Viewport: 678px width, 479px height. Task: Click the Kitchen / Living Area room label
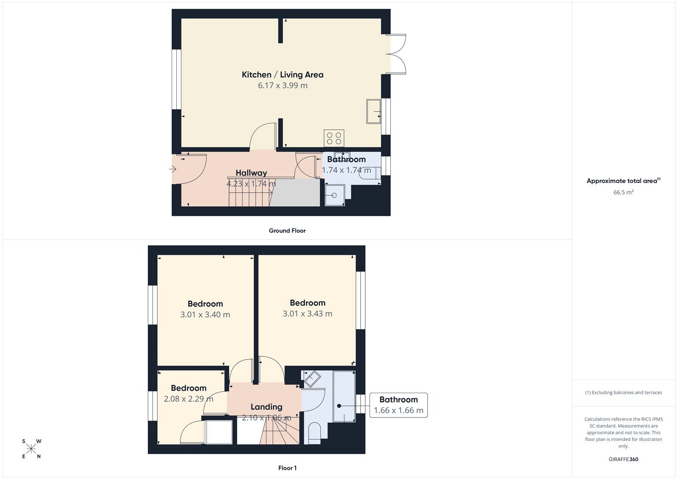click(282, 75)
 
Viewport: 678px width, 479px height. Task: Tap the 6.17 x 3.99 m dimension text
click(283, 86)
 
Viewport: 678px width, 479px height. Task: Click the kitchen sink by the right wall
click(373, 111)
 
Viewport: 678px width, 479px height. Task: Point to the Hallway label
click(251, 173)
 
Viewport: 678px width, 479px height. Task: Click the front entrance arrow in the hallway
click(173, 169)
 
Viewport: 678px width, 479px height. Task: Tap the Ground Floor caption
click(287, 231)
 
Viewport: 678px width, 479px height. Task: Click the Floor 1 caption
click(287, 468)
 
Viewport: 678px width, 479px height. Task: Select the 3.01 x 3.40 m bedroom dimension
click(205, 315)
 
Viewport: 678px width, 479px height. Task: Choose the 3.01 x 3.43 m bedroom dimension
click(307, 314)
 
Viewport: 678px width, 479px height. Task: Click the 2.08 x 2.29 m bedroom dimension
click(189, 399)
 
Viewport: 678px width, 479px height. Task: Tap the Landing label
click(266, 407)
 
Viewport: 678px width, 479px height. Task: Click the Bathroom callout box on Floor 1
click(398, 405)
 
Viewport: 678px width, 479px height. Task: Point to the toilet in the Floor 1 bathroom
click(314, 435)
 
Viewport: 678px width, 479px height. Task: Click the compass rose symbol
click(31, 449)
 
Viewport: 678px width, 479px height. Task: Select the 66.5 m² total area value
click(623, 192)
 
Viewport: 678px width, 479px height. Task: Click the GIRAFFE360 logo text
click(623, 459)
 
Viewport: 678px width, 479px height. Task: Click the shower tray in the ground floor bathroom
click(335, 195)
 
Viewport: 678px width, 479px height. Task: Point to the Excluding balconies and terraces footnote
click(623, 393)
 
